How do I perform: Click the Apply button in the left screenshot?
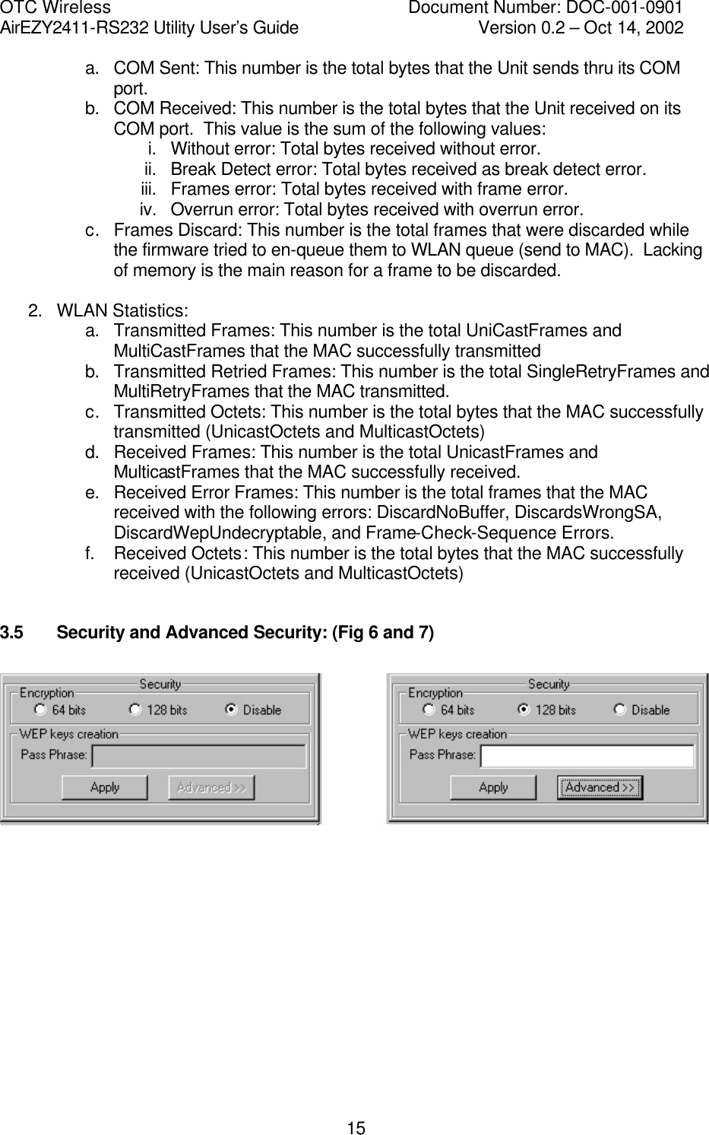pyautogui.click(x=104, y=787)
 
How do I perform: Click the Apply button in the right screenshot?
pyautogui.click(x=492, y=787)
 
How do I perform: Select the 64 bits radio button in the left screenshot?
pyautogui.click(x=40, y=710)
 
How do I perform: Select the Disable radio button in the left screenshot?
pyautogui.click(x=230, y=710)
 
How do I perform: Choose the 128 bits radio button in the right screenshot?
pyautogui.click(x=523, y=710)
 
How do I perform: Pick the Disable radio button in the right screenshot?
pyautogui.click(x=619, y=710)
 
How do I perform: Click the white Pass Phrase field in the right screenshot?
pyautogui.click(x=587, y=755)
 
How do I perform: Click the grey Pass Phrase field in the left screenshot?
pyautogui.click(x=198, y=756)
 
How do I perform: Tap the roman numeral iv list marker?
pyautogui.click(x=148, y=209)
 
